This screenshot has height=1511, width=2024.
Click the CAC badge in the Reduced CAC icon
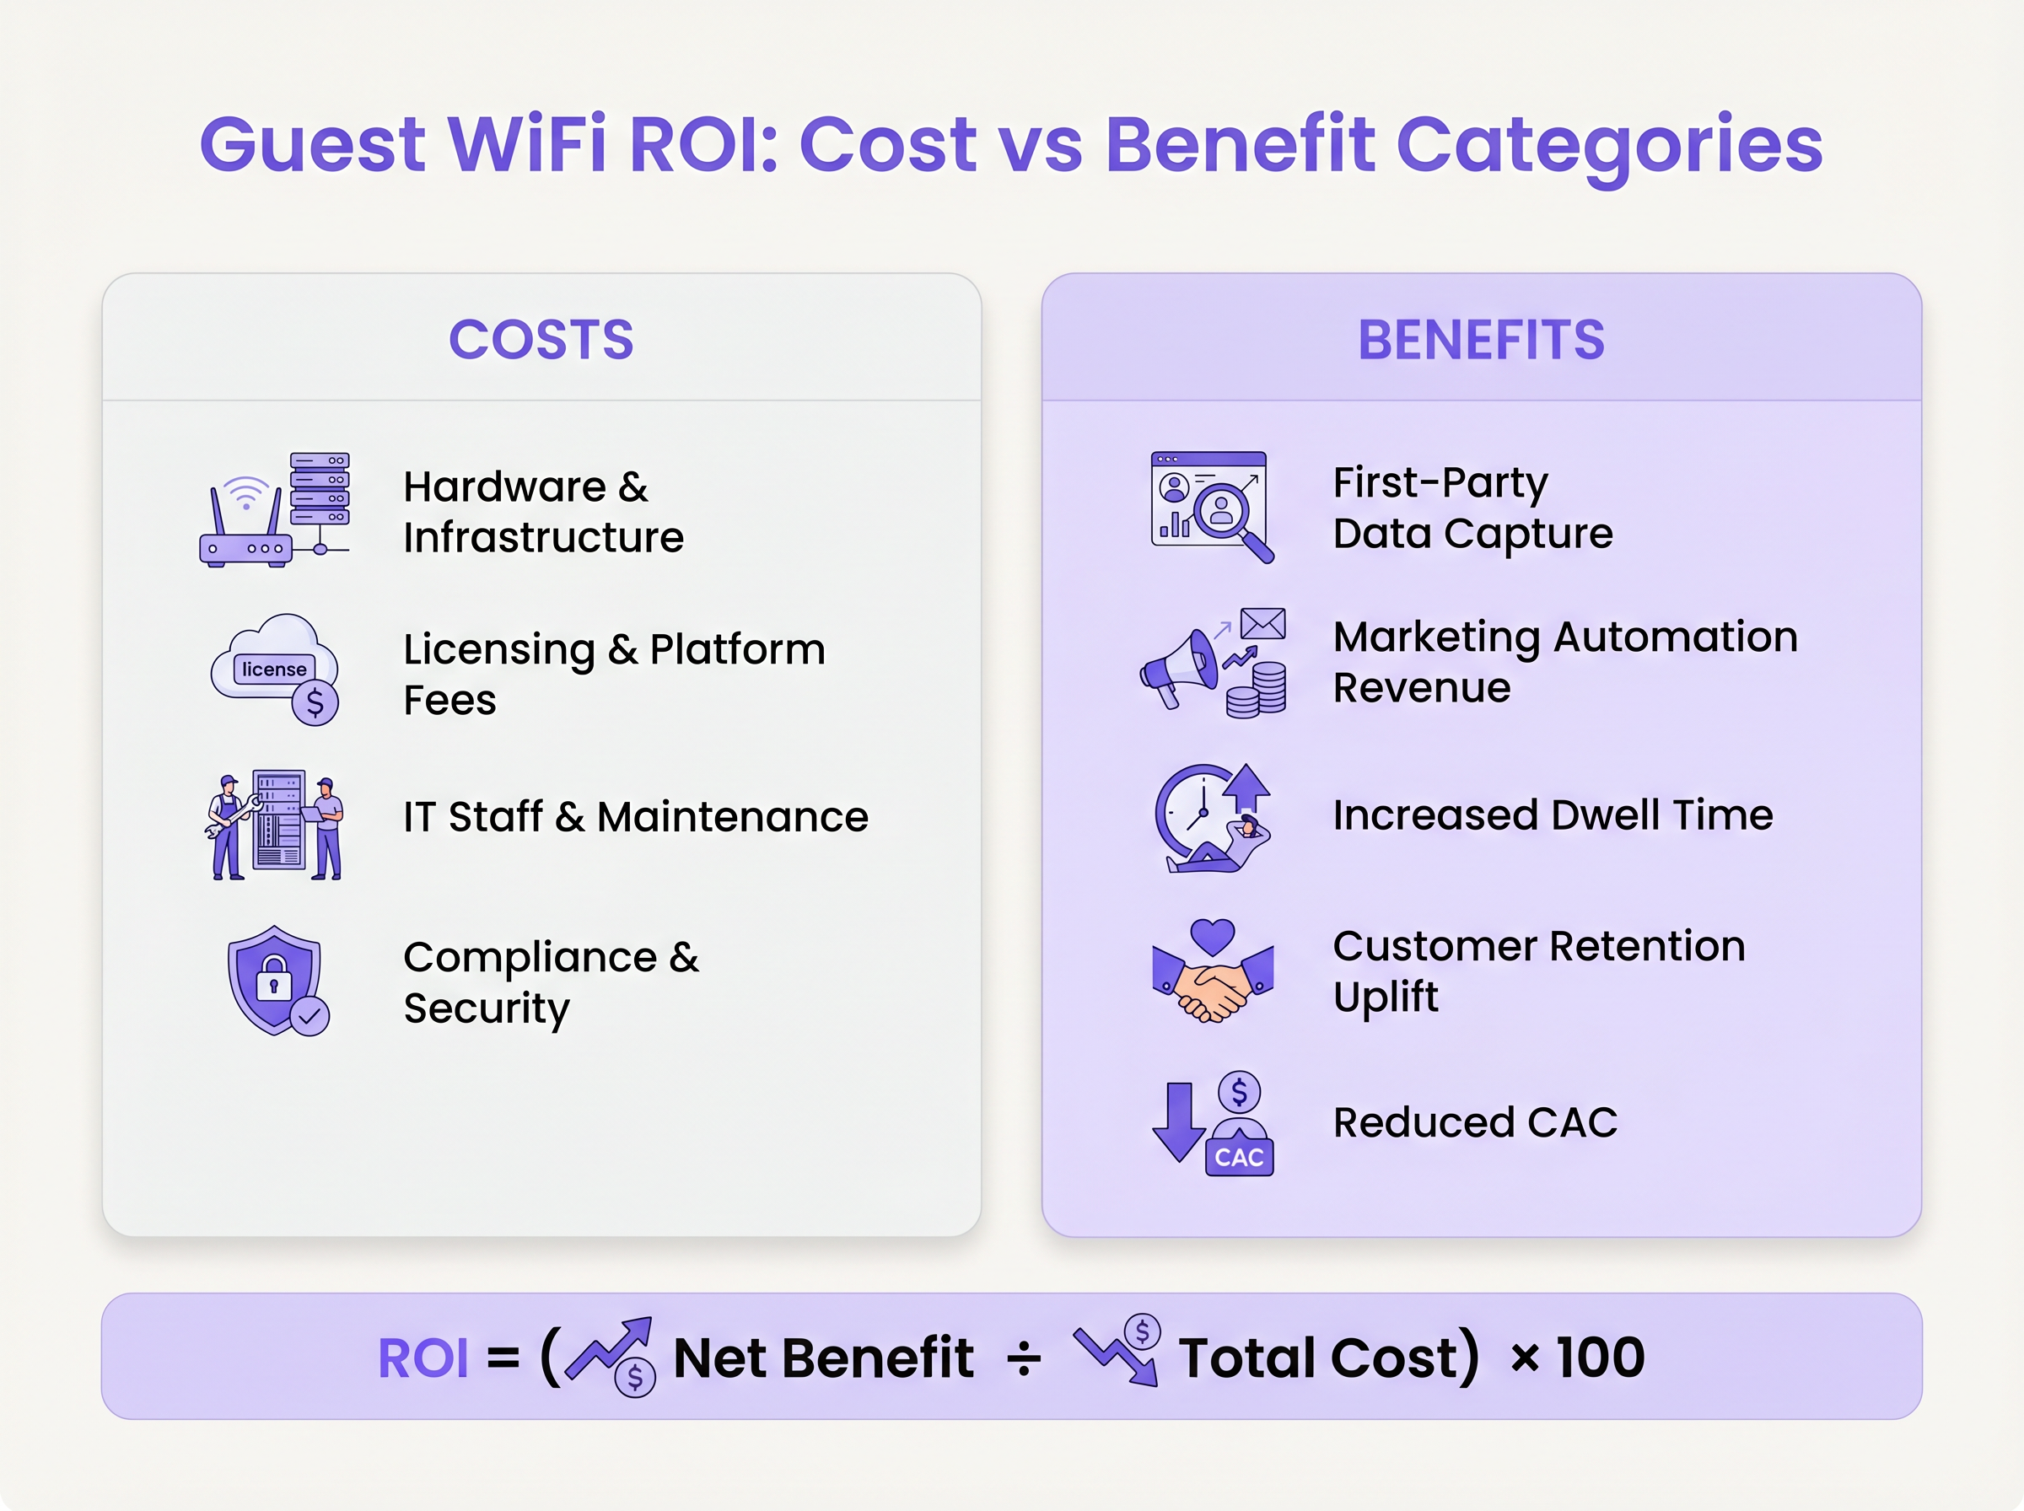(x=1239, y=1157)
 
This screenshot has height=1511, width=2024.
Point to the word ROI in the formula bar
(x=423, y=1358)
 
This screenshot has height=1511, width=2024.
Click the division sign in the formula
(x=1024, y=1358)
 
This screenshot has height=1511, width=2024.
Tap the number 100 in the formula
(x=1600, y=1357)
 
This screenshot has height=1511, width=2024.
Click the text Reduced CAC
(x=1474, y=1122)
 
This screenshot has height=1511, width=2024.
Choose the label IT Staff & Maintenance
(x=636, y=817)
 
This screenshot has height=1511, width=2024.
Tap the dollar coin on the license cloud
(x=315, y=702)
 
